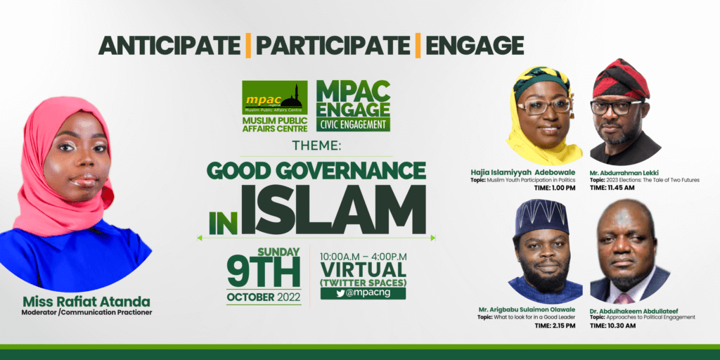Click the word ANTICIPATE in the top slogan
pos(169,46)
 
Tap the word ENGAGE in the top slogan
pos(475,46)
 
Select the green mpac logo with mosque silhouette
pos(275,97)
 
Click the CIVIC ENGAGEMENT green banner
pos(353,124)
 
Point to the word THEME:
pos(317,146)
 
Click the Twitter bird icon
pos(340,294)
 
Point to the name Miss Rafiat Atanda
pos(86,302)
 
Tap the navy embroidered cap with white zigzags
pos(542,217)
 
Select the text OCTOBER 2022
pos(264,297)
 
